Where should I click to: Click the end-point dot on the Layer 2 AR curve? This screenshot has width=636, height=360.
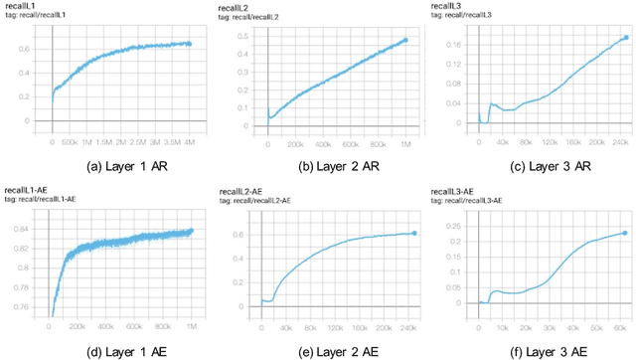404,41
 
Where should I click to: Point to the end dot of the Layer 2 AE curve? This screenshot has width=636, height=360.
413,233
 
